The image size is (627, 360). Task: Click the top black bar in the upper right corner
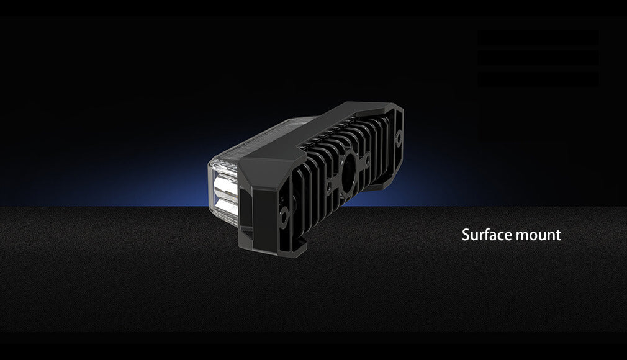(538, 37)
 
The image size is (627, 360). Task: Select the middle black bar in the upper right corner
(538, 58)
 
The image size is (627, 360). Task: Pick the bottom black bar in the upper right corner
(538, 79)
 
